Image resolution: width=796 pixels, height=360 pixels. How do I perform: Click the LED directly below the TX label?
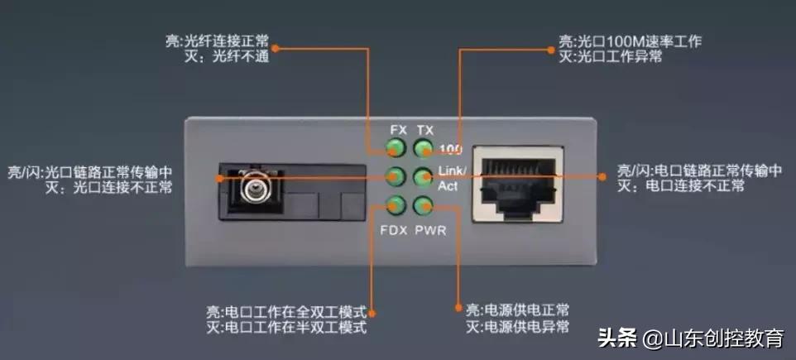coord(424,149)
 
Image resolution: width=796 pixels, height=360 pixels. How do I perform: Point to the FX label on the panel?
coord(398,131)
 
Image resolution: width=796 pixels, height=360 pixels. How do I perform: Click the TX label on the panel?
coord(425,131)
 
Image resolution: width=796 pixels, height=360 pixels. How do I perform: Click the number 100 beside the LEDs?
coord(451,150)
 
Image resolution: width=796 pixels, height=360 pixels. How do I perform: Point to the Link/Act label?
coord(452,178)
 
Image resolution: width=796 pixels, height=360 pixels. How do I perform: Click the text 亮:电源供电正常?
coord(518,310)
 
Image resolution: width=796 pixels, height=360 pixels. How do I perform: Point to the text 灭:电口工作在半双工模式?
coord(285,329)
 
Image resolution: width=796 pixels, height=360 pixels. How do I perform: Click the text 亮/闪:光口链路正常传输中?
coord(89,171)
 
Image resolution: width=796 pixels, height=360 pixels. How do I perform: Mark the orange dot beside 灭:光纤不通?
coord(276,49)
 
